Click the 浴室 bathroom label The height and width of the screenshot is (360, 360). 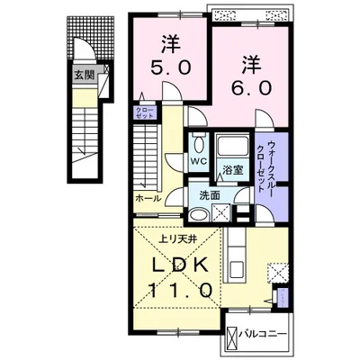(235, 168)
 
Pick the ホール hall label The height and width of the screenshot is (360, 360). (148, 197)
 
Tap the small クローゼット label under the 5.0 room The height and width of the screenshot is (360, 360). (145, 112)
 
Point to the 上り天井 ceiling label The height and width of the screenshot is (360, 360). (177, 238)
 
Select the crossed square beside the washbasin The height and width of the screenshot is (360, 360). (219, 213)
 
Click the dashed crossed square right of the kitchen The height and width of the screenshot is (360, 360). (280, 271)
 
